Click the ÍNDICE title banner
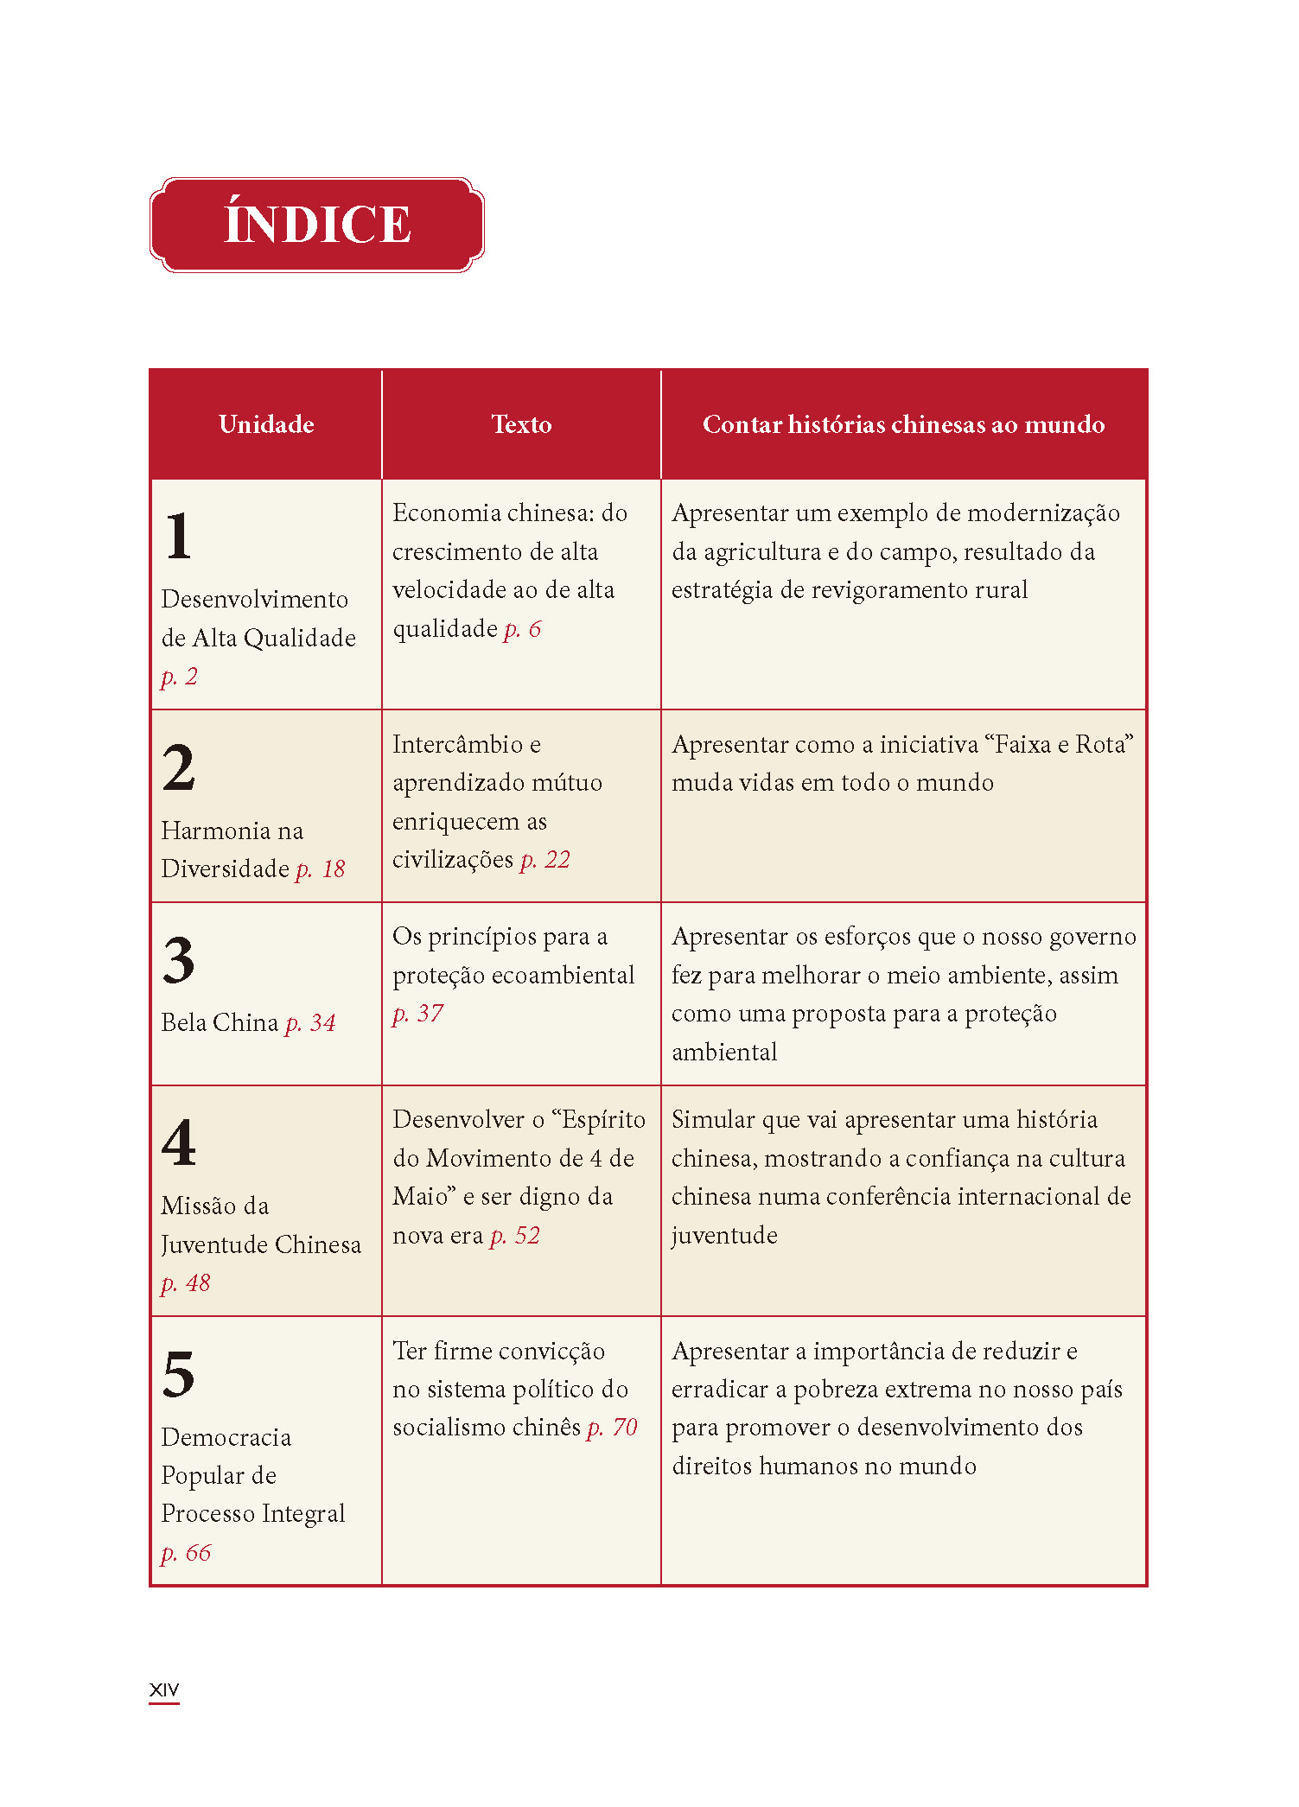tap(316, 225)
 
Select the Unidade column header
tap(266, 424)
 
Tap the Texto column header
tap(521, 424)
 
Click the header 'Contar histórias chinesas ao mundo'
tap(903, 424)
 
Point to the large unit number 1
tap(179, 536)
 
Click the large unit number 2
tap(179, 767)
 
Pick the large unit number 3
tap(179, 960)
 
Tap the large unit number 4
tap(179, 1142)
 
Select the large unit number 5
tap(179, 1374)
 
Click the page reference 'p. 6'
tap(522, 629)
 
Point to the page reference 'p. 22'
tap(544, 860)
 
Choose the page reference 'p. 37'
tap(417, 1014)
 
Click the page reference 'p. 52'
tap(514, 1236)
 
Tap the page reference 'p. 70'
tap(612, 1428)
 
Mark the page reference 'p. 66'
tap(186, 1553)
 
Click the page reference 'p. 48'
tap(186, 1283)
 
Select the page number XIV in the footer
tap(164, 1689)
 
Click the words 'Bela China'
tap(220, 1023)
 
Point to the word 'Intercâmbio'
tap(458, 744)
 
